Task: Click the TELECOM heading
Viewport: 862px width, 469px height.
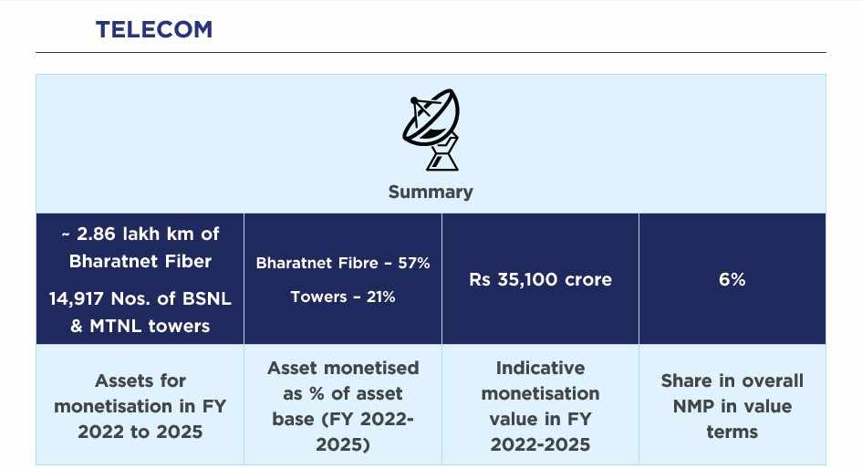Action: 154,29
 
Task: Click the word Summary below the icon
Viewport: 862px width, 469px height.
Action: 431,192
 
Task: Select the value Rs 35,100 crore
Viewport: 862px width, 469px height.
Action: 540,279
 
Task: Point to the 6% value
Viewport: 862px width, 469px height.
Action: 732,279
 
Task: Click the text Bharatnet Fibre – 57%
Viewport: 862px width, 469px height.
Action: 343,263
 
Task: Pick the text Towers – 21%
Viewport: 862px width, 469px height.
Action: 343,297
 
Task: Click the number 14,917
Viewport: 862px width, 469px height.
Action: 87,299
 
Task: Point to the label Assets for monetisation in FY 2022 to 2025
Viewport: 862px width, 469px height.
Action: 140,406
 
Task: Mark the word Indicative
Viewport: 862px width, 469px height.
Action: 540,368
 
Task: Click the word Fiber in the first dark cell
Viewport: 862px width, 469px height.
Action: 182,261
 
